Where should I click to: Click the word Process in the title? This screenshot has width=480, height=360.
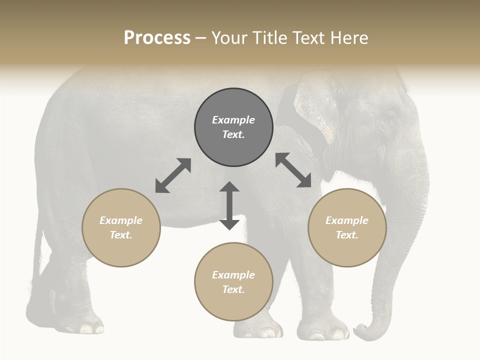point(157,38)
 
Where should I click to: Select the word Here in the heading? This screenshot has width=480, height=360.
point(349,38)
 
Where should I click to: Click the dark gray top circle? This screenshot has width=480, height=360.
point(233,127)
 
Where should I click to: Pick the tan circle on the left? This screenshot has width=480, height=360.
point(121,227)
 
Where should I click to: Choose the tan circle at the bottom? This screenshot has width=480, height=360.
point(233,282)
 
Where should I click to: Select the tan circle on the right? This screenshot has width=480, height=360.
point(347,227)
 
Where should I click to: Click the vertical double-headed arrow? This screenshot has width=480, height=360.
point(229,205)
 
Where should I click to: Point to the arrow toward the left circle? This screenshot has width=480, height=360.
point(173,175)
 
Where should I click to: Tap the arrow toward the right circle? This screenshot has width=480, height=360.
point(293,170)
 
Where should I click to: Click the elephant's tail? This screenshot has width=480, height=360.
point(37,260)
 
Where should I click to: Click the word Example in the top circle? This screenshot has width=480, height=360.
point(233,120)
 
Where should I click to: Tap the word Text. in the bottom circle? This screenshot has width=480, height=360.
point(233,289)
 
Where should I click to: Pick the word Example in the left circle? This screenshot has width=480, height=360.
point(121,220)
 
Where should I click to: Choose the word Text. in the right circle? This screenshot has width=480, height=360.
point(347,235)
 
